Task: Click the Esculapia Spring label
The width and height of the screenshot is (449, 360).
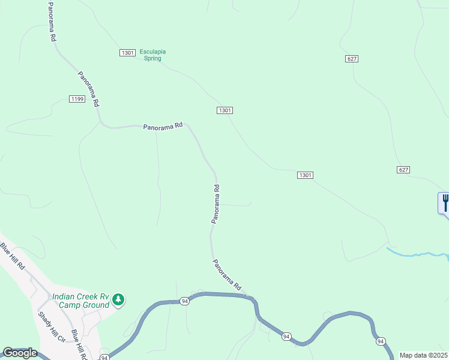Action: (x=152, y=55)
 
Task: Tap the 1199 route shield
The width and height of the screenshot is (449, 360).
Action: (x=77, y=99)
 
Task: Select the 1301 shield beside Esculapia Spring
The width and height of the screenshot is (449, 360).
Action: (x=127, y=53)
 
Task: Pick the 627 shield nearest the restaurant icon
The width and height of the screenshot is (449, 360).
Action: (x=403, y=170)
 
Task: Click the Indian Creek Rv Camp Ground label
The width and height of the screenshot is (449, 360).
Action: (x=81, y=300)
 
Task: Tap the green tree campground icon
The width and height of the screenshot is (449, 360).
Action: (x=119, y=299)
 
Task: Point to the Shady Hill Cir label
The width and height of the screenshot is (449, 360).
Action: (x=50, y=326)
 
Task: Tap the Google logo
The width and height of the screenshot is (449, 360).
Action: (x=20, y=353)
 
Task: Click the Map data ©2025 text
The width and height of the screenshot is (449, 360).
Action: (x=423, y=355)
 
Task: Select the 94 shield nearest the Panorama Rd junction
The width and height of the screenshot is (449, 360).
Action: (x=184, y=301)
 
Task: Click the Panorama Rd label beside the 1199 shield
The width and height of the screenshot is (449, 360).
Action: (x=88, y=89)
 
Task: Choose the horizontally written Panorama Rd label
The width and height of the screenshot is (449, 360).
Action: (x=163, y=127)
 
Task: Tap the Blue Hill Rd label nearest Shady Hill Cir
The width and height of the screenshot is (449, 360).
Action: (x=79, y=344)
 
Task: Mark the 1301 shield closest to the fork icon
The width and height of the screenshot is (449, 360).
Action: (x=305, y=175)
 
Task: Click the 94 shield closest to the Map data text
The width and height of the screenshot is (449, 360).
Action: (x=381, y=341)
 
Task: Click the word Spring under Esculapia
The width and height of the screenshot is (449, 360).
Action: (x=152, y=59)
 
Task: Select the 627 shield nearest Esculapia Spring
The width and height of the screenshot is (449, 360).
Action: (x=352, y=58)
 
